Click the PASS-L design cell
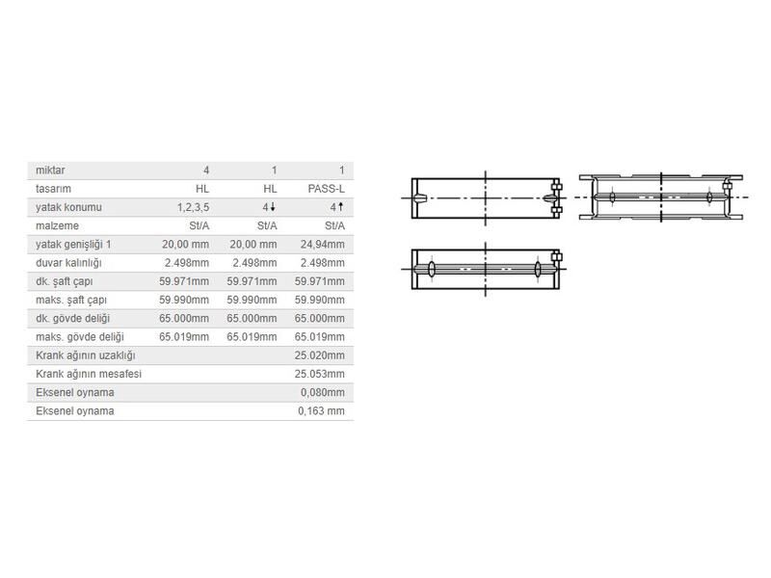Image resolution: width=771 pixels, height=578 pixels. click(x=327, y=189)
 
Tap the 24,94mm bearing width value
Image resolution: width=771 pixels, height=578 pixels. click(x=323, y=244)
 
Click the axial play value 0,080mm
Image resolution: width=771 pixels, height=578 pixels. click(x=322, y=392)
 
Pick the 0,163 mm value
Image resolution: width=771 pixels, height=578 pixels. click(x=321, y=411)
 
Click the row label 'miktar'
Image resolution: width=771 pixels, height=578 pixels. click(x=50, y=171)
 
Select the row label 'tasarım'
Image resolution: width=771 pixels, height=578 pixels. click(x=53, y=189)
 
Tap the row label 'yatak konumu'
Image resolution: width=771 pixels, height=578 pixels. click(x=68, y=207)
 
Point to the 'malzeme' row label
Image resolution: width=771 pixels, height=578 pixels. click(x=56, y=225)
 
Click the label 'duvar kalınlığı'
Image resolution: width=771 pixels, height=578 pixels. click(x=68, y=263)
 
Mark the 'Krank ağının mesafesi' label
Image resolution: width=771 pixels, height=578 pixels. click(x=88, y=374)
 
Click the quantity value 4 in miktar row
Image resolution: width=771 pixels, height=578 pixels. click(x=205, y=171)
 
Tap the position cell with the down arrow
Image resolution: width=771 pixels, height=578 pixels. click(x=271, y=207)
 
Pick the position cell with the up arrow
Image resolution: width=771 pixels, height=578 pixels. click(x=337, y=207)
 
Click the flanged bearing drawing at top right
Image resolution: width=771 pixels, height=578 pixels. click(x=660, y=197)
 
